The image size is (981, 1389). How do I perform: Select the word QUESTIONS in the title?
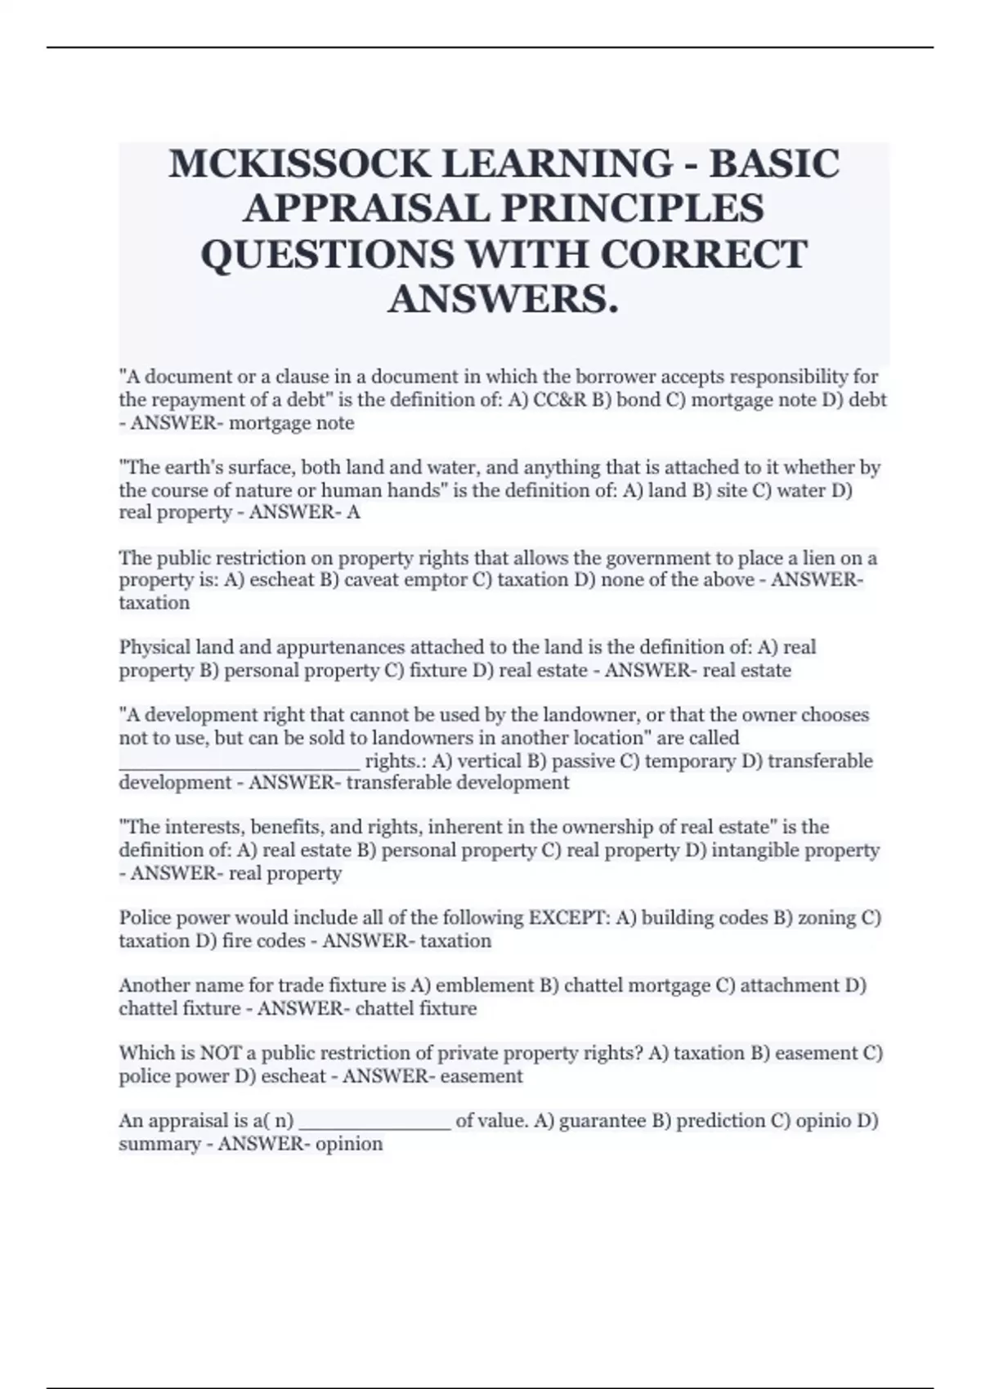click(x=325, y=253)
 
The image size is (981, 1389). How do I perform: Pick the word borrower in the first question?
click(x=689, y=377)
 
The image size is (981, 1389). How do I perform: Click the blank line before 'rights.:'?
click(x=239, y=761)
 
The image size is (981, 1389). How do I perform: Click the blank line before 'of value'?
click(x=375, y=1121)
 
